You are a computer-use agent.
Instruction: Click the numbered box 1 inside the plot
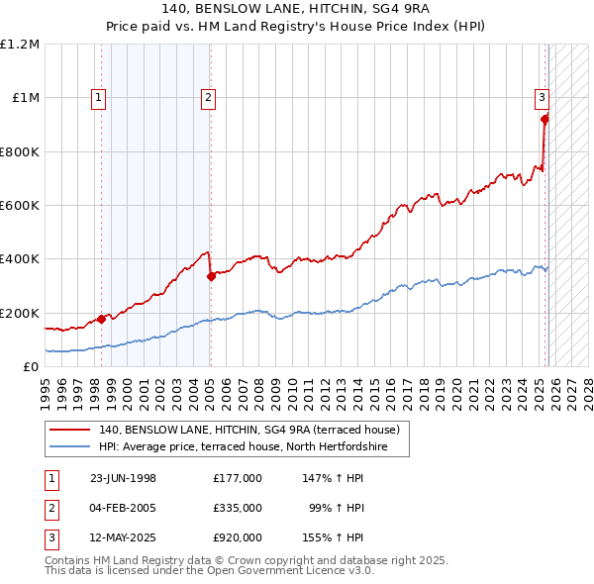point(100,97)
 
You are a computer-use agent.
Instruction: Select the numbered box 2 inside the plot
point(209,97)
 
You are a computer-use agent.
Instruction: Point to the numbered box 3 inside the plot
point(543,97)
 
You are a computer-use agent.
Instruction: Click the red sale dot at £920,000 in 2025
point(544,120)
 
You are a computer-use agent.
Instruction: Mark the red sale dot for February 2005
point(211,277)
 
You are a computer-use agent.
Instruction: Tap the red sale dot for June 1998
point(102,319)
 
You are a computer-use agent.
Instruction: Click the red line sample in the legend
point(71,431)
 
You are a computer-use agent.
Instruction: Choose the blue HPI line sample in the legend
point(71,447)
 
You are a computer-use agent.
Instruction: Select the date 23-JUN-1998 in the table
point(123,478)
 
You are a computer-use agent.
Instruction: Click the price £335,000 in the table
point(237,508)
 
